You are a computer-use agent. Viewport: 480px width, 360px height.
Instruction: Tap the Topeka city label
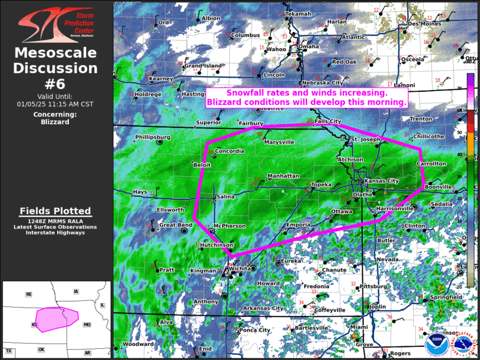tap(322, 184)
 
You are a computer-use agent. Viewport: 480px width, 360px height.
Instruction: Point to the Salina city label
tap(226, 197)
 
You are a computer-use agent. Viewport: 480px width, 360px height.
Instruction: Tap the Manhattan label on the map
tap(283, 176)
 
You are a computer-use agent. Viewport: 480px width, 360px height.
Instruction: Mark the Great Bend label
tap(176, 225)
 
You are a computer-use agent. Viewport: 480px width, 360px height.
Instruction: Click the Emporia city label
tap(298, 225)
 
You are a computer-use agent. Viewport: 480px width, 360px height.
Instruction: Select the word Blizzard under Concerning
tap(55, 122)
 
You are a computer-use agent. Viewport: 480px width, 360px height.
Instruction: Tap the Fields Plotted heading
tap(55, 211)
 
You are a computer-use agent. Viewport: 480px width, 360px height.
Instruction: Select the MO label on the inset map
tap(87, 325)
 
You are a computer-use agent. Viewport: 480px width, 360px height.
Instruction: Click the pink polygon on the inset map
tap(56, 318)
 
